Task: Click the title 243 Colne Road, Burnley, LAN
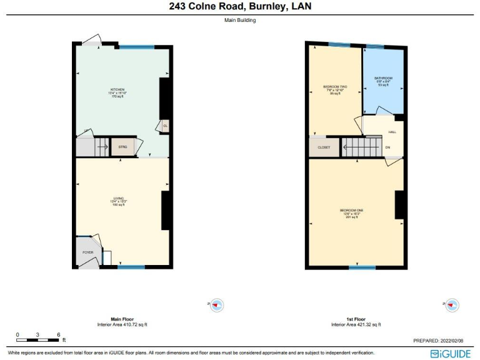pyautogui.click(x=240, y=7)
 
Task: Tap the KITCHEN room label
pyautogui.click(x=117, y=90)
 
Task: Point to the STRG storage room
pyautogui.click(x=122, y=147)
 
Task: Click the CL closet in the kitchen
pyautogui.click(x=165, y=126)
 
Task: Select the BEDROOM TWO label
pyautogui.click(x=335, y=86)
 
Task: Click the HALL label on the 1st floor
pyautogui.click(x=392, y=132)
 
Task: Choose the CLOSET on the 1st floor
pyautogui.click(x=324, y=147)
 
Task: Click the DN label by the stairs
pyautogui.click(x=387, y=147)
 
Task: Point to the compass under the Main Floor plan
pyautogui.click(x=217, y=305)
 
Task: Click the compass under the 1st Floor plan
pyautogui.click(x=451, y=305)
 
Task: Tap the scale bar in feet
pyautogui.click(x=38, y=339)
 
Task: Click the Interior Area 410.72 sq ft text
pyautogui.click(x=122, y=325)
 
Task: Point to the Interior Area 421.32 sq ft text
pyautogui.click(x=356, y=325)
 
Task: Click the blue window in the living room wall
pyautogui.click(x=131, y=267)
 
